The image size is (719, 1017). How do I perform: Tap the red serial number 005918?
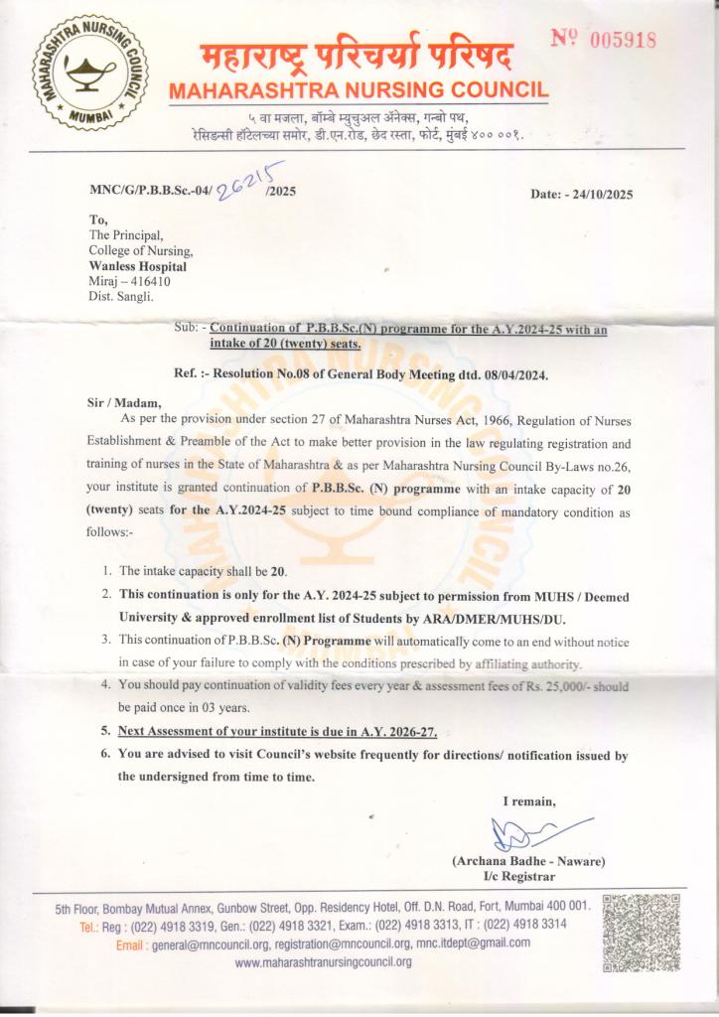pos(605,39)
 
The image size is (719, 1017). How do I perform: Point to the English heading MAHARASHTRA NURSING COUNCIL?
pos(359,89)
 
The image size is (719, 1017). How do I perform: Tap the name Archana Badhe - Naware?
pos(527,861)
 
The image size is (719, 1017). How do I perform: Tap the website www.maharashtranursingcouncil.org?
pos(323,962)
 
